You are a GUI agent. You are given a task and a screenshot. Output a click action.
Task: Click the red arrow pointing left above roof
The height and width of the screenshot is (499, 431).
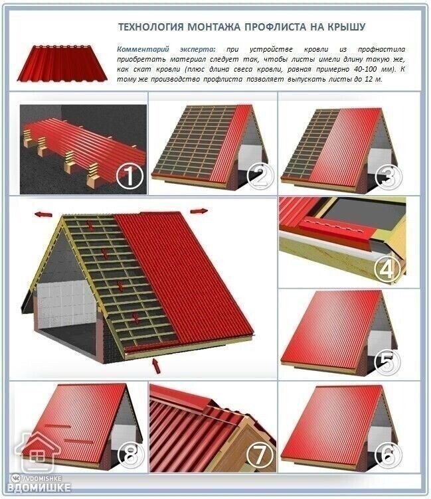tap(44, 214)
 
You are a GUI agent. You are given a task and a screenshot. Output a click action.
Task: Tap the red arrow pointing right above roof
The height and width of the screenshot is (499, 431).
tap(199, 210)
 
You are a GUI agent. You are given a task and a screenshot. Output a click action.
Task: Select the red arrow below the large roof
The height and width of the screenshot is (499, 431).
tap(157, 366)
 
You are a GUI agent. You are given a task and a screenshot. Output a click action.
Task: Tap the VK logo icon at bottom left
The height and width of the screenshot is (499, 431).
tap(15, 478)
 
